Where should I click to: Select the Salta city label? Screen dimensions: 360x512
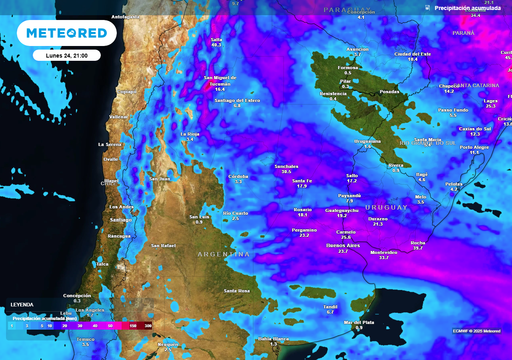pos(217,41)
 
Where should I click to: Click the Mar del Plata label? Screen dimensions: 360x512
pos(359,322)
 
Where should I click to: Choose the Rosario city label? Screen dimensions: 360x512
pos(302,209)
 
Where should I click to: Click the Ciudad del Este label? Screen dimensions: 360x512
pos(412,53)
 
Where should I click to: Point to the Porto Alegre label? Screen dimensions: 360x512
pos(475,147)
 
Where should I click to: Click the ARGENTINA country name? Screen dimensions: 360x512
pos(224,255)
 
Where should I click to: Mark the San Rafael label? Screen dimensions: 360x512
pos(163,245)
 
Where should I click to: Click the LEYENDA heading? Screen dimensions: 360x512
pos(21,304)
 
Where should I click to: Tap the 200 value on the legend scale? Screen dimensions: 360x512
pos(148,325)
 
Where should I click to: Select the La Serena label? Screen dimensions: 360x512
pos(110,144)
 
